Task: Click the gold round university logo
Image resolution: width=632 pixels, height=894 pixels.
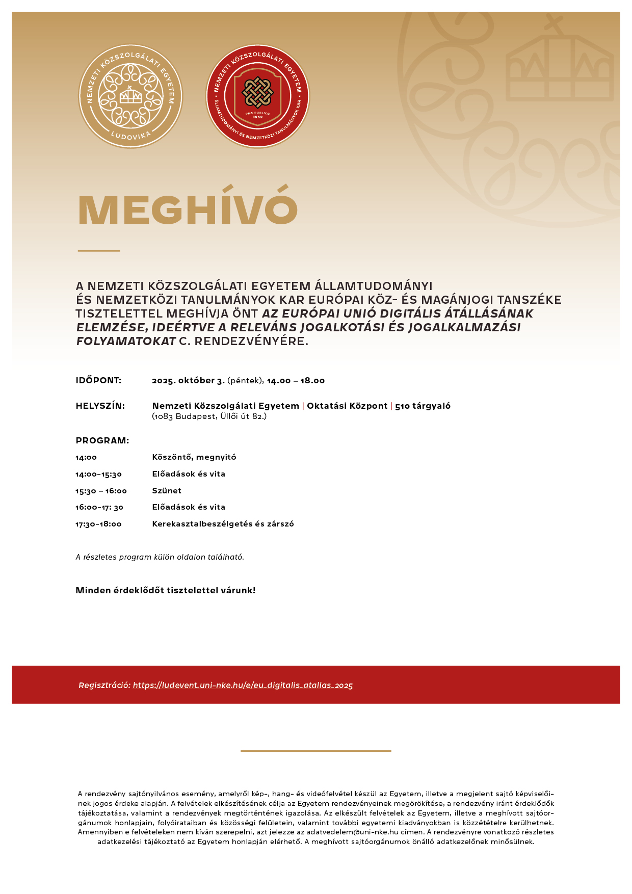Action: point(130,96)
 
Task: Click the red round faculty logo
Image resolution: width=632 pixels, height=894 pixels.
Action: point(257,96)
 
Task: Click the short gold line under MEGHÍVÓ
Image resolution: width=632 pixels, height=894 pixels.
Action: point(99,251)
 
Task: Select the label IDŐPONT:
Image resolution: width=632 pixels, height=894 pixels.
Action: point(98,381)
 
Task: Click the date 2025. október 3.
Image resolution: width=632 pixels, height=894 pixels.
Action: point(188,381)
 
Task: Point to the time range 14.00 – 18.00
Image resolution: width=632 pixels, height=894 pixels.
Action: point(296,381)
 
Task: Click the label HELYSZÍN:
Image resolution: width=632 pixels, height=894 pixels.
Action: point(100,406)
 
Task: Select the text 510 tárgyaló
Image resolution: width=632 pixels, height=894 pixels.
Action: point(423,406)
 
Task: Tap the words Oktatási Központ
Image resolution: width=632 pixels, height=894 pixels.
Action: point(347,406)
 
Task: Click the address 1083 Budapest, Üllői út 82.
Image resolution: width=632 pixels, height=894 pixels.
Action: point(209,416)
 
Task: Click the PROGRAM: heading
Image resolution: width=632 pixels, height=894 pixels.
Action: point(102,441)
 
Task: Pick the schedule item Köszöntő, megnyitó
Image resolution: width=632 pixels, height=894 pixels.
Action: point(194,457)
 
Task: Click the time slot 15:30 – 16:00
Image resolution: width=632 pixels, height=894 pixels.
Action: point(101,491)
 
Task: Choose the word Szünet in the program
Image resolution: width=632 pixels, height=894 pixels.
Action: point(167,491)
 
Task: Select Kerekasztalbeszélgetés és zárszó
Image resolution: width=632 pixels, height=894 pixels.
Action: point(223,524)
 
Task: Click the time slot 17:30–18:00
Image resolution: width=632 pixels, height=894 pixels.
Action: point(98,524)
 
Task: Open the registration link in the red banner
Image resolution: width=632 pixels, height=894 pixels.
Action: point(243,686)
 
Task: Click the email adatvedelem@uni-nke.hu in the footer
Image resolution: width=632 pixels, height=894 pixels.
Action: point(352,832)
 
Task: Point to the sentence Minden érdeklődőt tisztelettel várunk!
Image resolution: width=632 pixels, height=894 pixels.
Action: point(166,591)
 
